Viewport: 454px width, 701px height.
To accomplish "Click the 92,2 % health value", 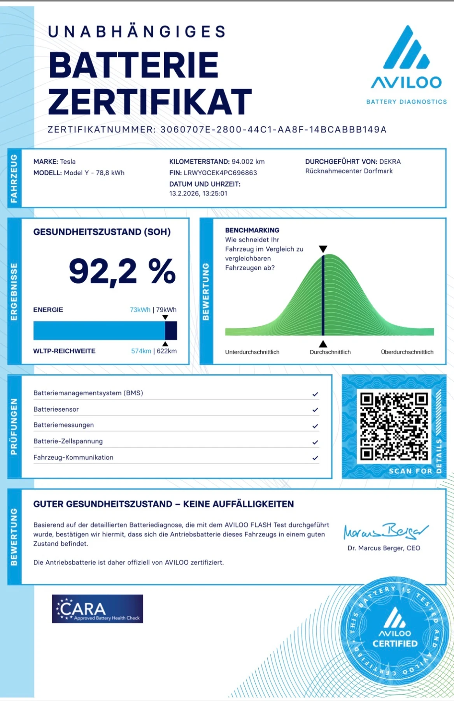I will click(x=122, y=271).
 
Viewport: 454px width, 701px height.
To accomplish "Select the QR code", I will click(x=394, y=426).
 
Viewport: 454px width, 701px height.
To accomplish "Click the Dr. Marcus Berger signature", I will click(x=385, y=530).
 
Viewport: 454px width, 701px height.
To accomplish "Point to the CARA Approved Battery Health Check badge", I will click(x=98, y=609).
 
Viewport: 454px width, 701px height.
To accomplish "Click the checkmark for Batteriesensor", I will click(x=315, y=410).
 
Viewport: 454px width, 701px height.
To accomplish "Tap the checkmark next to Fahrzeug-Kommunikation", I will click(x=315, y=458).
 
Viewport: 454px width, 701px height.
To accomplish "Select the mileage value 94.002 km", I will click(x=248, y=162).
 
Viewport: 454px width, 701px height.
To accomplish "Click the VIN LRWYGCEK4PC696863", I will click(x=220, y=173).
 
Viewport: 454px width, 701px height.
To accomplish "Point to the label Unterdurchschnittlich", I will click(x=252, y=352).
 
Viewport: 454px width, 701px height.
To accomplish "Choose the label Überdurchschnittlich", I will click(x=407, y=352).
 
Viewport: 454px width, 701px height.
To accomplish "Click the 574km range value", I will click(x=141, y=351).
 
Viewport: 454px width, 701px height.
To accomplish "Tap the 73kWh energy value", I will click(x=140, y=310).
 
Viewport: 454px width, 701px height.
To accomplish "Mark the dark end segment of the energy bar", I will click(x=171, y=331).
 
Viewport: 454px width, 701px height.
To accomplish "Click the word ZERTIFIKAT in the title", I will click(x=150, y=102).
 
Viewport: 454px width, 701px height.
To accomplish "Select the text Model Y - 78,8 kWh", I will click(x=94, y=173).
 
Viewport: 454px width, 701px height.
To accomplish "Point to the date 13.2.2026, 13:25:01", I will click(x=198, y=194).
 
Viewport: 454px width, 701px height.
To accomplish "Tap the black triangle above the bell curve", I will click(x=323, y=249).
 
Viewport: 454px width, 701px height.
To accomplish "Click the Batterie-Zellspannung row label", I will click(x=68, y=441).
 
